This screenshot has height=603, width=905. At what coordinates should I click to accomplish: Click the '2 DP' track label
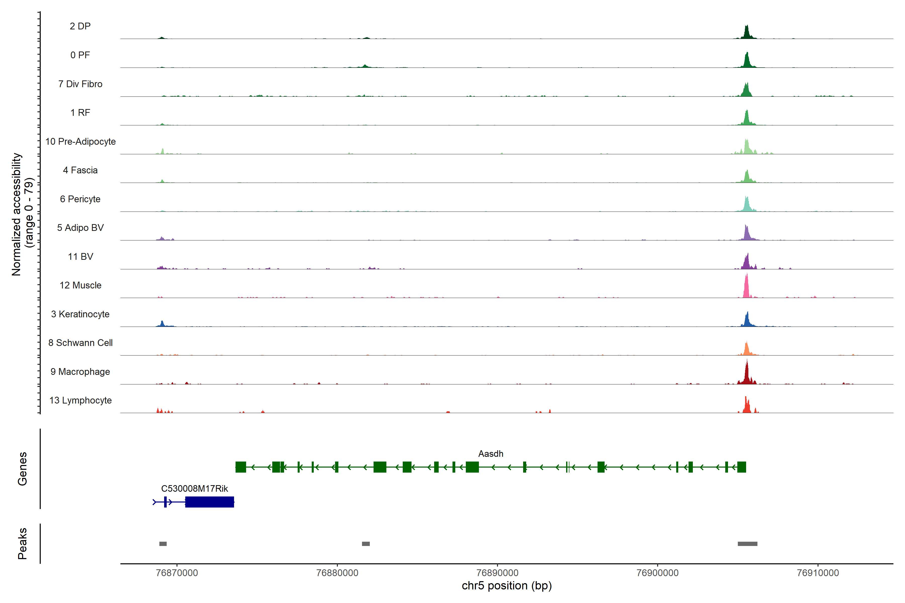(80, 26)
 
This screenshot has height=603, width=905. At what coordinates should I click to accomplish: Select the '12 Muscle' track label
(80, 285)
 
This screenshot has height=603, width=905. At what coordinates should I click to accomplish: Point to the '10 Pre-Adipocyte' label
(80, 141)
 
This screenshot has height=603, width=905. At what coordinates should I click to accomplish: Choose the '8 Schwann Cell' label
(80, 343)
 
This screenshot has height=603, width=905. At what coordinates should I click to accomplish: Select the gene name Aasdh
(491, 454)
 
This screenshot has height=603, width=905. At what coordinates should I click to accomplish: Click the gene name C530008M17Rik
(194, 488)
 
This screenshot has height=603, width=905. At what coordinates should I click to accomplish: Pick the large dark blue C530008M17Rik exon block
(209, 502)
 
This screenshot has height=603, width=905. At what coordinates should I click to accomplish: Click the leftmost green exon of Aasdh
(241, 467)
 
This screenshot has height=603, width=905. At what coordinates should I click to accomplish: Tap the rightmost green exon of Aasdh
(741, 467)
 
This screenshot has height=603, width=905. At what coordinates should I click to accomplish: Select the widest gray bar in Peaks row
(747, 544)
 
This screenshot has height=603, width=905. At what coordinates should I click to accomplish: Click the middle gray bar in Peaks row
(366, 544)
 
